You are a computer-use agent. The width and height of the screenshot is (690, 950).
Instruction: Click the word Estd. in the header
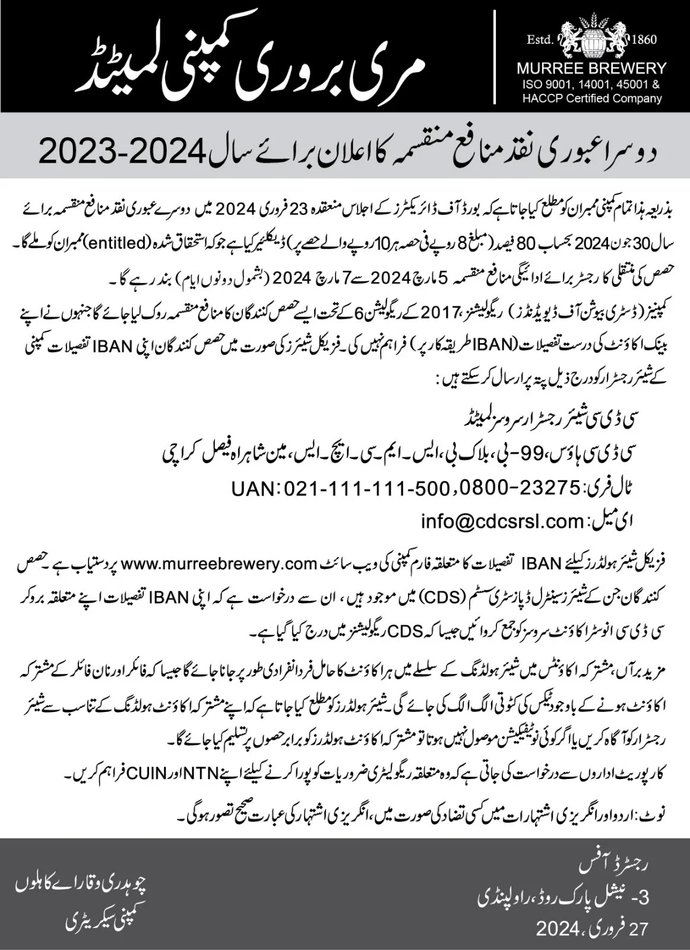click(540, 40)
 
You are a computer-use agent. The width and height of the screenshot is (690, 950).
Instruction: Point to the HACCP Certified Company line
click(593, 99)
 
